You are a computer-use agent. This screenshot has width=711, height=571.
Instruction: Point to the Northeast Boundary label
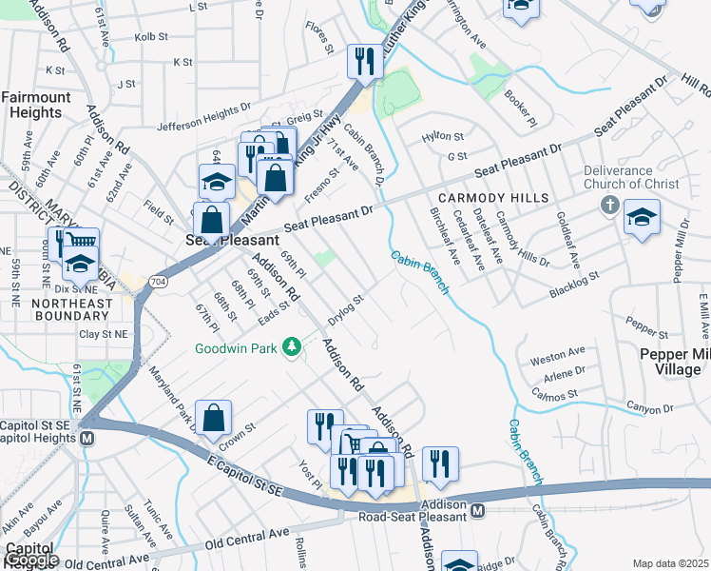tap(45, 311)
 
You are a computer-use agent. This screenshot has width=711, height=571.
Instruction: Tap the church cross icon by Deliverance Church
tap(610, 206)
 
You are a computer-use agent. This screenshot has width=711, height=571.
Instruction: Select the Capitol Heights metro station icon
tap(87, 439)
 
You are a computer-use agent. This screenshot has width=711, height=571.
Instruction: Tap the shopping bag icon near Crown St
tap(216, 417)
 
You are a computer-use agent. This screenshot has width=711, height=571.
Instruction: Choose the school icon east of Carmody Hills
tap(642, 218)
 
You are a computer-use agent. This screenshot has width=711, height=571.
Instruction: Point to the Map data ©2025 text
tap(670, 563)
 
